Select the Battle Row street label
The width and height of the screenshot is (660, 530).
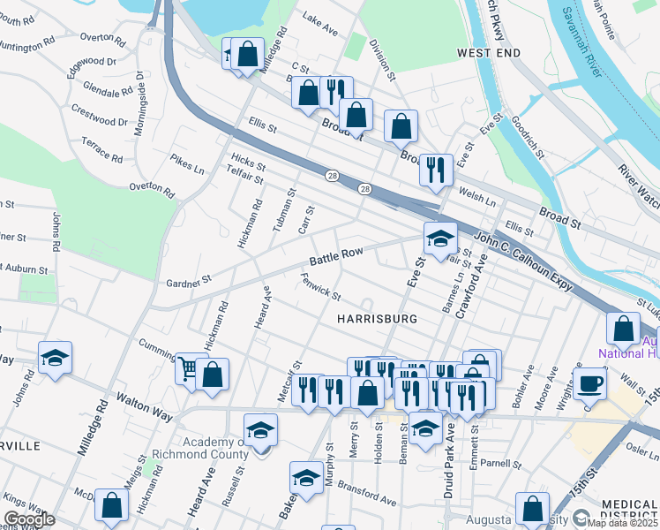coord(336,257)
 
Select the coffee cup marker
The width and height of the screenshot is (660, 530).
coord(589,383)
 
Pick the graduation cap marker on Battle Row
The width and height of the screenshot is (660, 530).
coord(440,236)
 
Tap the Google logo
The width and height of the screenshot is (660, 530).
coord(29,519)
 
